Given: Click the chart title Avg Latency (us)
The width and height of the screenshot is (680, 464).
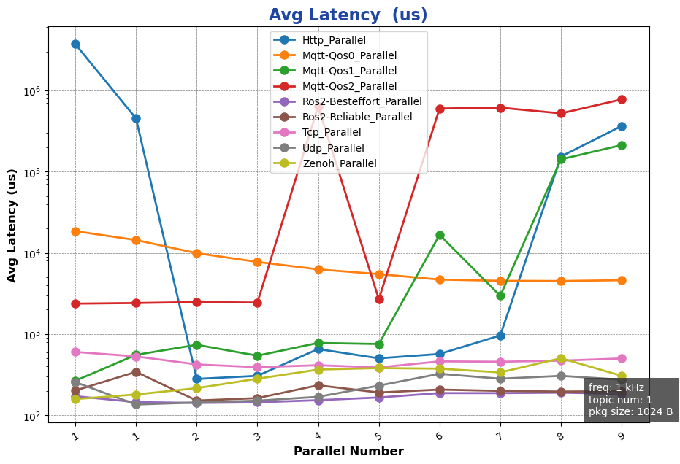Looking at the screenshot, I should point(348,15).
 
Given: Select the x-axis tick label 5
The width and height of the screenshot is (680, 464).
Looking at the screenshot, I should point(378,436).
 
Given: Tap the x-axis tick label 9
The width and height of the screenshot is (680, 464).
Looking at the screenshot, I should point(621,436).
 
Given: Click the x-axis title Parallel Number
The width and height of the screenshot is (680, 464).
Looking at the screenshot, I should point(348,452).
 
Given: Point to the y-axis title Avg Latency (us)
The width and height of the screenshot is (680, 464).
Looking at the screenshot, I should point(12,225).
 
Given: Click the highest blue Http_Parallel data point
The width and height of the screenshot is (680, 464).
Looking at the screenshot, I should point(75,44).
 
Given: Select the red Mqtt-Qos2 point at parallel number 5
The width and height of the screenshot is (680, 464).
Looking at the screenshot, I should point(379,299).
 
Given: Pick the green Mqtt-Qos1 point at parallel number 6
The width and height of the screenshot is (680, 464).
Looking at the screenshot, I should point(440,235).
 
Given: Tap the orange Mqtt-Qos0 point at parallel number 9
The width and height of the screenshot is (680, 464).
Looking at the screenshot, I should point(622,280).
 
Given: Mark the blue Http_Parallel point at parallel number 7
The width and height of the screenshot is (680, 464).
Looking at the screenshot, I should point(500,336).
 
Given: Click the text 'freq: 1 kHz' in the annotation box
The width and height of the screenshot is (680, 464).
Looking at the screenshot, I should point(616,387).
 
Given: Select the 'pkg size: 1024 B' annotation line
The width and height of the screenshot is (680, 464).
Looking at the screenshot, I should point(630,411).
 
